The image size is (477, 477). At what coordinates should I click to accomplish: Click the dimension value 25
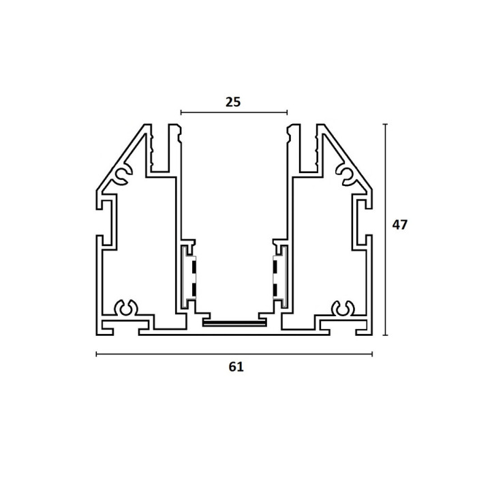click(233, 102)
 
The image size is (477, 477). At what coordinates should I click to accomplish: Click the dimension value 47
click(399, 225)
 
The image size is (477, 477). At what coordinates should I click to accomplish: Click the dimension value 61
click(236, 367)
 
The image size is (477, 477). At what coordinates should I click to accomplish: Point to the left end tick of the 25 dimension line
click(181, 112)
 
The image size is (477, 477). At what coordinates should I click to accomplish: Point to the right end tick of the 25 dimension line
click(287, 112)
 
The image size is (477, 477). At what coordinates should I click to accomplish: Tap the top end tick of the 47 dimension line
click(386, 124)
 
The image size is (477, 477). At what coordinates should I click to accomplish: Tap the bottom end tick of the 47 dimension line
click(386, 335)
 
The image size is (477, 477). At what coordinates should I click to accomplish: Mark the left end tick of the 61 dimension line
click(97, 354)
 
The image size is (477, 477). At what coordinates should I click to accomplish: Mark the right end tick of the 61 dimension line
click(372, 354)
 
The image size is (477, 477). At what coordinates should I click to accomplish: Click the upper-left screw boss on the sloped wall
click(123, 175)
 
